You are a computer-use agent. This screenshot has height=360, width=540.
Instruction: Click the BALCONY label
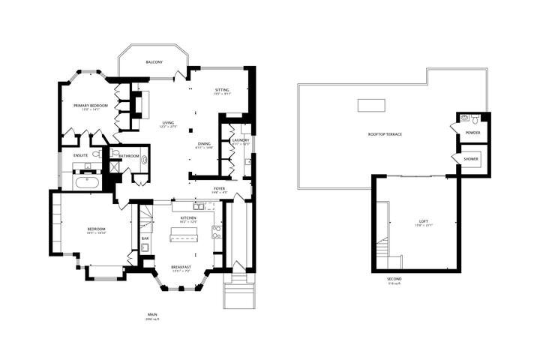pyautogui.click(x=154, y=62)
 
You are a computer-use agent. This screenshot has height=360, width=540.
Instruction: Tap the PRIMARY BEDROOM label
pyautogui.click(x=91, y=106)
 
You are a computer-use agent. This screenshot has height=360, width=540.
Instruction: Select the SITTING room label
pyautogui.click(x=222, y=90)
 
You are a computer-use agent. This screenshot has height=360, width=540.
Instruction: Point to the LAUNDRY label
pyautogui.click(x=240, y=139)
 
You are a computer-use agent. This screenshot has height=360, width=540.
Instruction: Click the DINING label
pyautogui.click(x=204, y=144)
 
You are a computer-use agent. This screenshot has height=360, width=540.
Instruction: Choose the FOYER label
pyautogui.click(x=219, y=188)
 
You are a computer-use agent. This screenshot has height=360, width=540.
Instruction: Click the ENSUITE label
pyautogui.click(x=81, y=155)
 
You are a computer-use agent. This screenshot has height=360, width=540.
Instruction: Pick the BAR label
pyautogui.click(x=145, y=238)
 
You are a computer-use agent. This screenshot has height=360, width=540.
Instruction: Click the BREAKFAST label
pyautogui.click(x=181, y=267)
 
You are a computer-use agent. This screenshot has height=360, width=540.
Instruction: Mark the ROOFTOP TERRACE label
pyautogui.click(x=385, y=134)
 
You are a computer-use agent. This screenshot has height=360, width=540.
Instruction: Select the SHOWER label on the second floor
pyautogui.click(x=471, y=159)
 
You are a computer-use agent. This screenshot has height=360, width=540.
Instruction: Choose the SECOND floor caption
pyautogui.click(x=394, y=280)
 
